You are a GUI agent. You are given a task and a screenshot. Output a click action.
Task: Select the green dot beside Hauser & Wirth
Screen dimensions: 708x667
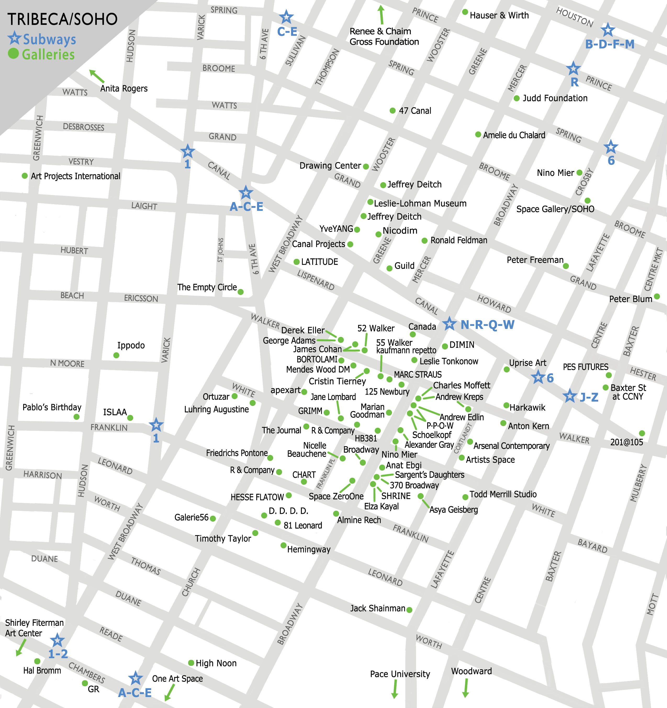(465, 12)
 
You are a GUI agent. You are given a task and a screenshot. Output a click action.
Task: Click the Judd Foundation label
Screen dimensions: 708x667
(555, 98)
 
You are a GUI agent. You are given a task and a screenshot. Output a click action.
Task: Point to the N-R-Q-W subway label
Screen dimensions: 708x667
(487, 325)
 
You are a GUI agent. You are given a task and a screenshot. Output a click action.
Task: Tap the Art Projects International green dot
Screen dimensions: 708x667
(25, 176)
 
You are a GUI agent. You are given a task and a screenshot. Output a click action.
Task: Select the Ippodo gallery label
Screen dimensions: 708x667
(131, 345)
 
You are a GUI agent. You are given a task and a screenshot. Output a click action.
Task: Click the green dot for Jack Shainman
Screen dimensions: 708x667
(409, 610)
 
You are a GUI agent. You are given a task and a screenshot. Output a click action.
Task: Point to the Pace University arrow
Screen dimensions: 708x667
(395, 689)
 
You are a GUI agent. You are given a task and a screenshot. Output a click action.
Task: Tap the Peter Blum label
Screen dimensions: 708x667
(630, 299)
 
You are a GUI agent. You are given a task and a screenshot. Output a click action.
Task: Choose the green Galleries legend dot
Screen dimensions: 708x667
(13, 53)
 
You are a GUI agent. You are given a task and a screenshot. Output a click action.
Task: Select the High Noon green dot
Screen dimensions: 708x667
(191, 662)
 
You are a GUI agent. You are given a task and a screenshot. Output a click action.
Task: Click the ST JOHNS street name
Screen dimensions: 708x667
(220, 250)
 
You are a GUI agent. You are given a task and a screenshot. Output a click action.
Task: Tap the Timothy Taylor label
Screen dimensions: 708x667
(223, 538)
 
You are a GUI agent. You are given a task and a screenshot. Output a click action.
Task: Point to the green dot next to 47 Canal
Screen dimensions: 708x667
(393, 110)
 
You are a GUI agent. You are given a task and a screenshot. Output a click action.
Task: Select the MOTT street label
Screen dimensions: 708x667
(652, 604)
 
